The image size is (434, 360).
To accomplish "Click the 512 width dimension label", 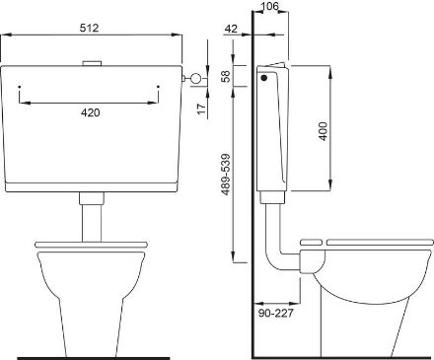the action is [x=89, y=28].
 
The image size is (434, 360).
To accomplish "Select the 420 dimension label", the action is [x=90, y=112].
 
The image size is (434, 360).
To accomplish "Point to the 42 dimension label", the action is [x=231, y=29].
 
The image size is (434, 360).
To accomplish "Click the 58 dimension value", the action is [x=226, y=76].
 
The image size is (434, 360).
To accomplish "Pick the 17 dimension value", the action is [x=201, y=108].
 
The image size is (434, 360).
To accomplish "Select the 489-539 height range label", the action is [x=226, y=175].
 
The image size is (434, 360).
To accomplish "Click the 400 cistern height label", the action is [x=324, y=131].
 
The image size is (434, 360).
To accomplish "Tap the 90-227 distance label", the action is [x=275, y=313].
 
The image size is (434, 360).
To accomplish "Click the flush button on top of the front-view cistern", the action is [x=92, y=63].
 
